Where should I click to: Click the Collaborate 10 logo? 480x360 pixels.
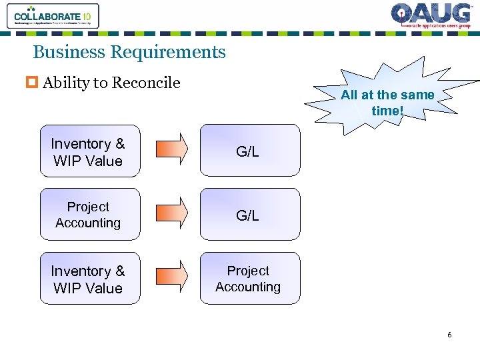53,16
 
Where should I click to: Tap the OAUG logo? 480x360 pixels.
431,16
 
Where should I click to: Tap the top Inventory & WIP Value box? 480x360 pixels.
90,151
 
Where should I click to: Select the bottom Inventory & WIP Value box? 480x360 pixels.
90,279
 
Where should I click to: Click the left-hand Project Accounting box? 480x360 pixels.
90,215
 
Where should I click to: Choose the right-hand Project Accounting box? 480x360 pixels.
250,279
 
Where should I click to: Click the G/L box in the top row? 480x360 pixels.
250,151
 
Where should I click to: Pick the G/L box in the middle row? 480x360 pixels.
250,215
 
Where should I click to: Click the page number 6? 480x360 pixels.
449,335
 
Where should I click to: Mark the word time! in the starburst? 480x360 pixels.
387,110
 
